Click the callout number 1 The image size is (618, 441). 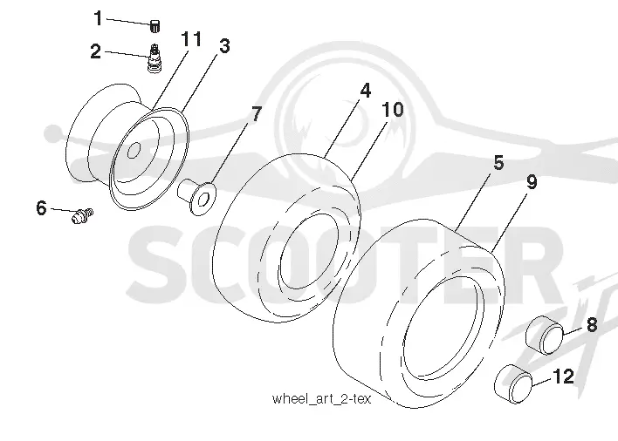click(x=98, y=18)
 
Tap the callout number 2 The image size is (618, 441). click(x=95, y=51)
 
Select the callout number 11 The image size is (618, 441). click(x=191, y=38)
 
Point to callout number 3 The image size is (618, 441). click(x=224, y=46)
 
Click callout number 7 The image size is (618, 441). click(x=256, y=114)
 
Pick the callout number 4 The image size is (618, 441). click(x=366, y=91)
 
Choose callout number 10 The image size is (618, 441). click(x=393, y=109)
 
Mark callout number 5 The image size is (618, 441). click(x=498, y=162)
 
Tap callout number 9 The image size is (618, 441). click(x=532, y=182)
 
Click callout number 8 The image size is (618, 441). click(x=592, y=325)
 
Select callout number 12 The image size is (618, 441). click(x=564, y=377)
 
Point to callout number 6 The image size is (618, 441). click(x=41, y=207)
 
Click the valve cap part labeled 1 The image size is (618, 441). click(x=154, y=27)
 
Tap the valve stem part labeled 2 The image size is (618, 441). click(x=154, y=58)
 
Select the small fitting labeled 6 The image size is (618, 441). click(x=82, y=215)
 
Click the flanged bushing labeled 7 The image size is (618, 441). click(x=196, y=197)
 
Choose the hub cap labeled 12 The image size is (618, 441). click(x=513, y=384)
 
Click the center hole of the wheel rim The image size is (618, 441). click(x=134, y=150)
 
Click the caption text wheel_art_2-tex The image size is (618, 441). click(x=321, y=399)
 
